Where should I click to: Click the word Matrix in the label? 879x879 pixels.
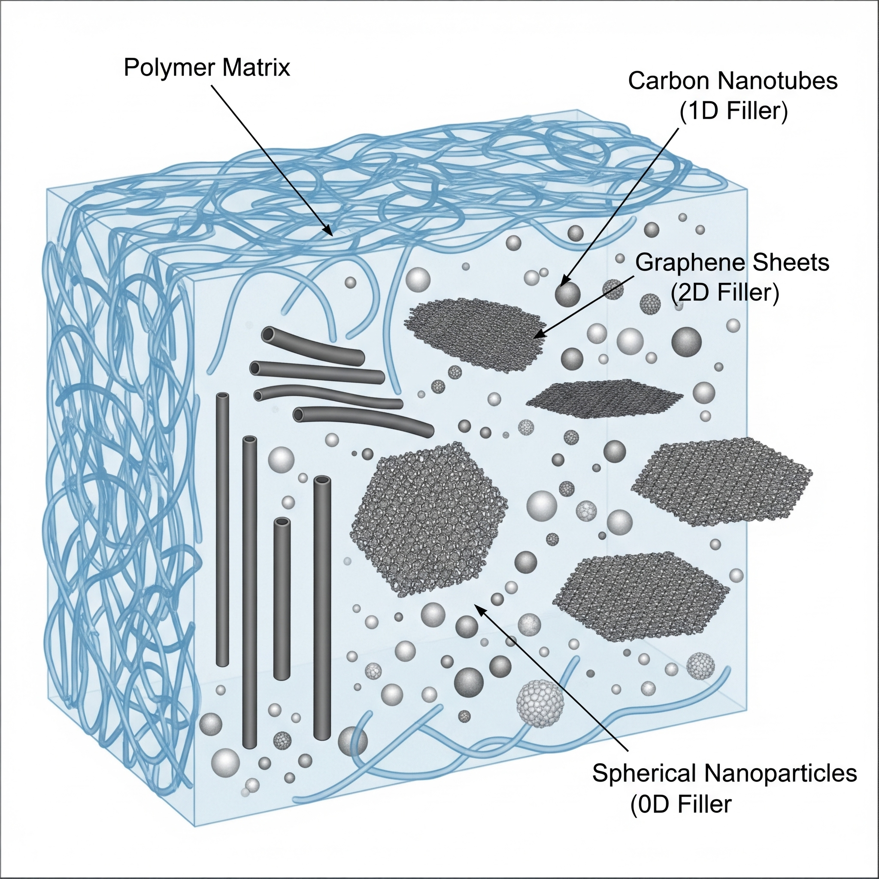tap(256, 68)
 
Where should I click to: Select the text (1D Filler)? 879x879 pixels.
tap(733, 111)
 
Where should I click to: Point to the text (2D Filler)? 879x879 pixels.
tap(725, 293)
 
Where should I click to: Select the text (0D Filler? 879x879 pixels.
tap(681, 804)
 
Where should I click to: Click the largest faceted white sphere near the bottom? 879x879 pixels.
tap(540, 703)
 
